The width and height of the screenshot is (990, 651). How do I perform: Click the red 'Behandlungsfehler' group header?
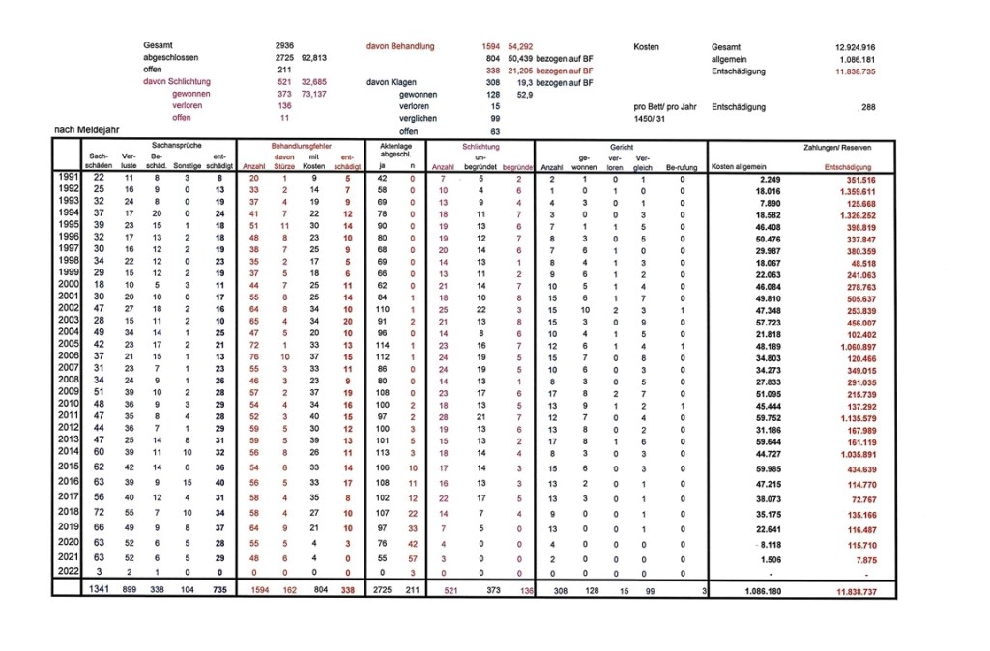(301, 146)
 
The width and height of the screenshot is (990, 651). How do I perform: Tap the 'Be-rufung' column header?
(682, 167)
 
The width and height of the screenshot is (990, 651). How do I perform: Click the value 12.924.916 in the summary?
(855, 47)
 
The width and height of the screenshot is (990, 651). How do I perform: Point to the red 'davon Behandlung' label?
(400, 46)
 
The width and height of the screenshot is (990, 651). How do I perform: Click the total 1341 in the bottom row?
(99, 588)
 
